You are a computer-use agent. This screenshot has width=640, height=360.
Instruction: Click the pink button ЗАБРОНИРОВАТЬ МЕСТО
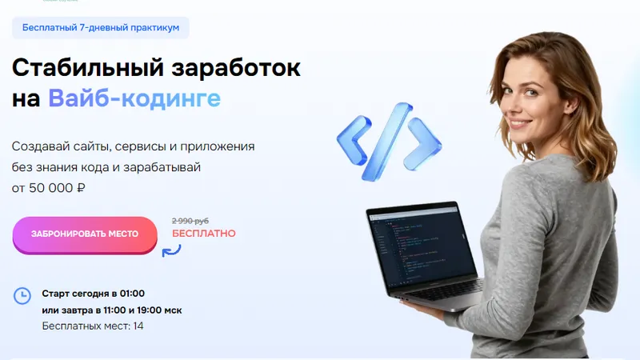(x=85, y=234)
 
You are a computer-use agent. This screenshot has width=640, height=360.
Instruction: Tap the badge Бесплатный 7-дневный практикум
(x=101, y=28)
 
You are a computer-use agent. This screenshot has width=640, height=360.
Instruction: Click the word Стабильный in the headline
(x=88, y=68)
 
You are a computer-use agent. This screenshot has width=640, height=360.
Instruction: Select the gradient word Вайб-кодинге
(x=134, y=98)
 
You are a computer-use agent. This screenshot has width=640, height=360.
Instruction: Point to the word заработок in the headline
(x=236, y=68)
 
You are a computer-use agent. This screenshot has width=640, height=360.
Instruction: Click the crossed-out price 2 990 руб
(x=190, y=221)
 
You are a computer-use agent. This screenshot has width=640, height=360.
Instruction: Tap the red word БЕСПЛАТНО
(x=204, y=234)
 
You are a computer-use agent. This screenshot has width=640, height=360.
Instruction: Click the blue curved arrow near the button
(x=171, y=250)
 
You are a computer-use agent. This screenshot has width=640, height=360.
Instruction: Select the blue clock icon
(x=22, y=296)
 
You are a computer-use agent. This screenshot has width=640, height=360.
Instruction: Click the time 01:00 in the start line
(x=132, y=294)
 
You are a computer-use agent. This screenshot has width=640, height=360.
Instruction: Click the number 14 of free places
(x=138, y=326)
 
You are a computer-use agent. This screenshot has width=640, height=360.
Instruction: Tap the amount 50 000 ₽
(x=57, y=188)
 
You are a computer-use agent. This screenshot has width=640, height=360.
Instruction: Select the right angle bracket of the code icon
(x=423, y=144)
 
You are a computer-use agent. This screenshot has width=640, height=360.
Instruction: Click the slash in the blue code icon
(x=387, y=142)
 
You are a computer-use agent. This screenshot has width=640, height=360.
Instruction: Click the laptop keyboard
(x=445, y=289)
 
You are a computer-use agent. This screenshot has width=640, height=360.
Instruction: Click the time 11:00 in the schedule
(x=114, y=310)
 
